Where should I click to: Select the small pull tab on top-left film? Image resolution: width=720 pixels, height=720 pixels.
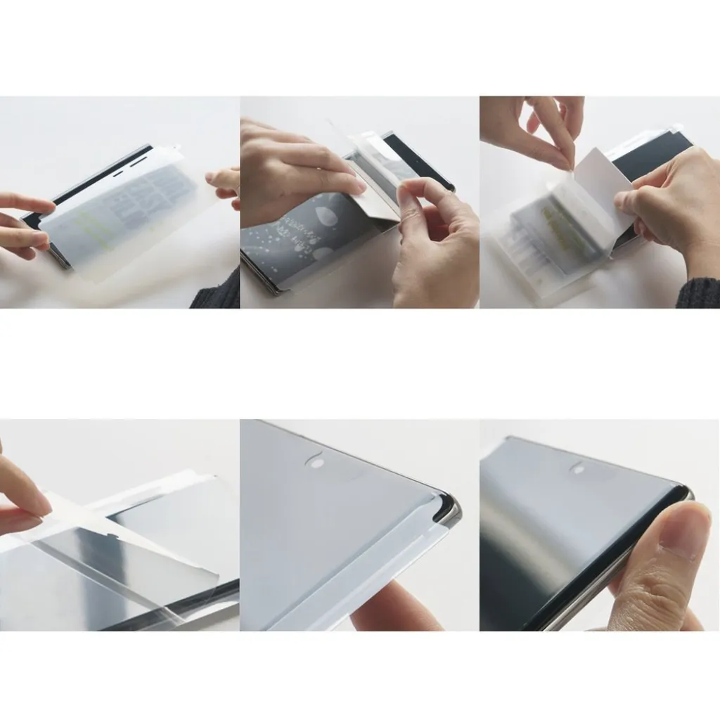(x=172, y=149)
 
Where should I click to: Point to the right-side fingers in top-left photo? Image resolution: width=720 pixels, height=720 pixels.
(x=225, y=183)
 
